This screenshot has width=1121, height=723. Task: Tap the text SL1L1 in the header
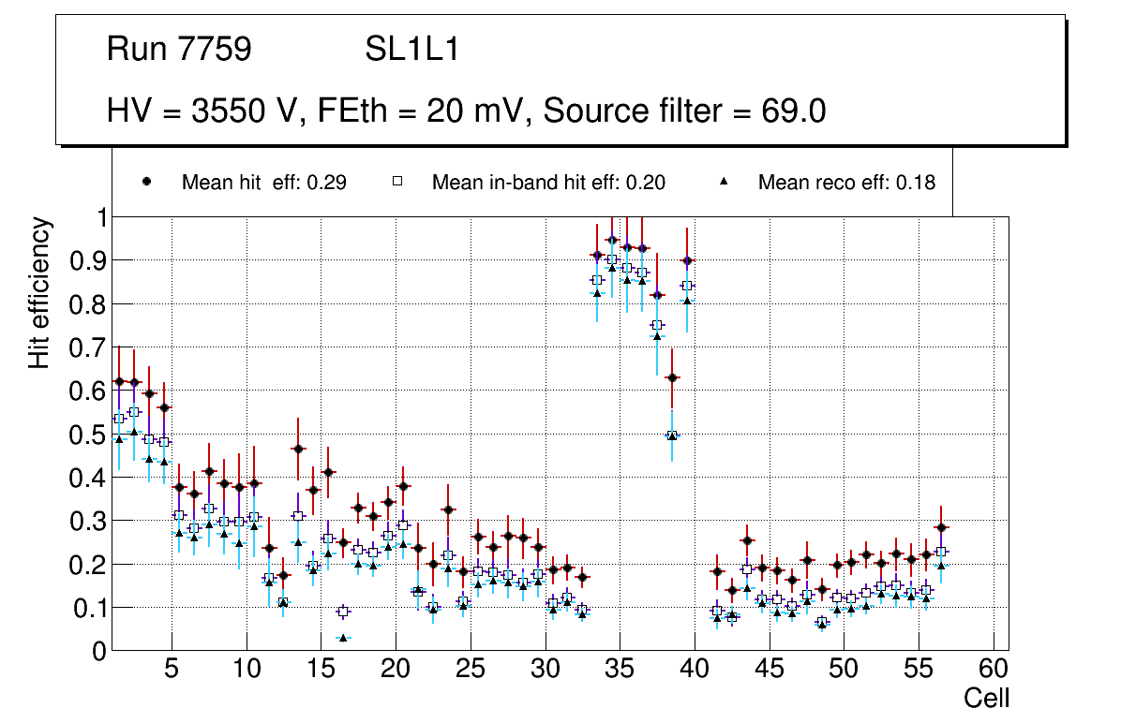pyautogui.click(x=412, y=50)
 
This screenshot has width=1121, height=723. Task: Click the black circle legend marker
pyautogui.click(x=147, y=183)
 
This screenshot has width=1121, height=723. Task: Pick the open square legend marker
pyautogui.click(x=396, y=183)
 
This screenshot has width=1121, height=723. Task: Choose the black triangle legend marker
pyautogui.click(x=724, y=183)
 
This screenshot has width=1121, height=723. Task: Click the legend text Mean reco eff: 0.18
pyautogui.click(x=846, y=183)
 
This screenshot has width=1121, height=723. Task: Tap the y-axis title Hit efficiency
pyautogui.click(x=39, y=292)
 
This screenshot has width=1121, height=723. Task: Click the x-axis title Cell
pyautogui.click(x=987, y=698)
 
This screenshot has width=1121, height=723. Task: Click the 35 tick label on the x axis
pyautogui.click(x=620, y=671)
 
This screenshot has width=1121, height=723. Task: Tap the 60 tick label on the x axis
pyautogui.click(x=993, y=671)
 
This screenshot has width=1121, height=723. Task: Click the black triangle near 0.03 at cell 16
pyautogui.click(x=343, y=638)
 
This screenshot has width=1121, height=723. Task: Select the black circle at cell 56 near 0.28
pyautogui.click(x=941, y=528)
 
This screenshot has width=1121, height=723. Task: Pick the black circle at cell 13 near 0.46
pyautogui.click(x=298, y=450)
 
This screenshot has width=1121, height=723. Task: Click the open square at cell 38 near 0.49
pyautogui.click(x=672, y=435)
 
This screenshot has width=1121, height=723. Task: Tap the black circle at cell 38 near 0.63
pyautogui.click(x=672, y=377)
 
